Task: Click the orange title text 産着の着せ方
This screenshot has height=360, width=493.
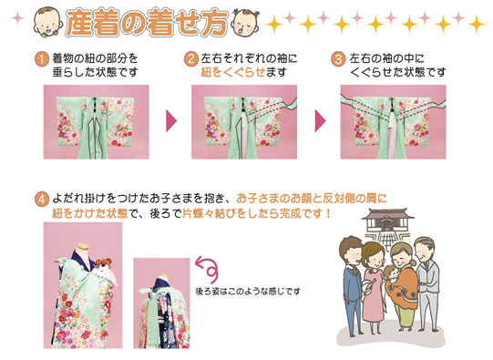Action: click(147, 22)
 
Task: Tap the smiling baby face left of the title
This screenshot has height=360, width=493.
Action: click(47, 22)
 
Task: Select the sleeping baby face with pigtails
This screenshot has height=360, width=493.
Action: click(245, 23)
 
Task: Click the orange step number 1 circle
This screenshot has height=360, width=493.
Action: click(42, 59)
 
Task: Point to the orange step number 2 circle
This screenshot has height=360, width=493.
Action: click(191, 59)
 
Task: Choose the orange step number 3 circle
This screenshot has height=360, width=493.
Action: click(338, 59)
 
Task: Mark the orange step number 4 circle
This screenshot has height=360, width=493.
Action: click(42, 200)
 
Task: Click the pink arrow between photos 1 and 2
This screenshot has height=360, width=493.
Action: click(171, 121)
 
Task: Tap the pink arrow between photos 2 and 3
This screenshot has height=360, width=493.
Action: click(320, 121)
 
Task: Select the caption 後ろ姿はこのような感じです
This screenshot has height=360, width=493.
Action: click(248, 292)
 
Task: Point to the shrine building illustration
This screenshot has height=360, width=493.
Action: click(387, 224)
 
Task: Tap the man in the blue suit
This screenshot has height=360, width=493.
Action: click(352, 286)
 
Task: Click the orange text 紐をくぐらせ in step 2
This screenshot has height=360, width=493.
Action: click(233, 73)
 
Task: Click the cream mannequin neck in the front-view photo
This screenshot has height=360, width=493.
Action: click(82, 249)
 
